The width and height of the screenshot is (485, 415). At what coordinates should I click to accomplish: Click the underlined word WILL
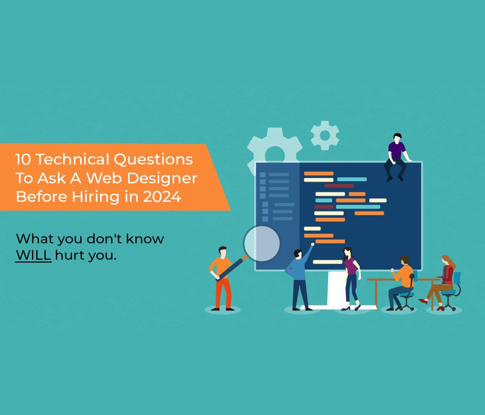point(33,255)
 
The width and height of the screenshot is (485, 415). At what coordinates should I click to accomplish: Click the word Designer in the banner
point(162,178)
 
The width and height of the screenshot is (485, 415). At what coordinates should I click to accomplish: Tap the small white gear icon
point(325,135)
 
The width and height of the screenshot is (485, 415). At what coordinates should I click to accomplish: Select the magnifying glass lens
point(262,244)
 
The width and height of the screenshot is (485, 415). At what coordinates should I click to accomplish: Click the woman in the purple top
point(351,277)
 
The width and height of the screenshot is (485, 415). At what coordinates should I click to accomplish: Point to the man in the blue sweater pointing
point(299,279)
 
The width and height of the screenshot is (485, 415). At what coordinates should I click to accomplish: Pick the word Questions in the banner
point(153,159)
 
